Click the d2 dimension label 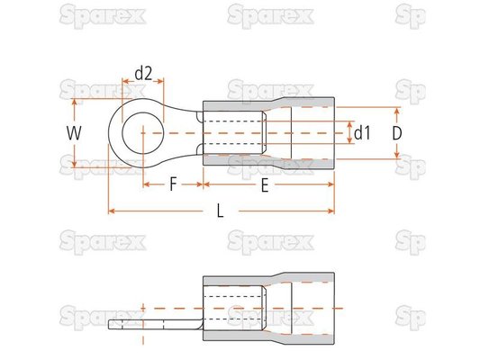pos(143,74)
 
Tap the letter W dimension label pos(74,133)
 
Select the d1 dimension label pos(362,133)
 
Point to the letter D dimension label pos(397,133)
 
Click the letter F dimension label pos(173,184)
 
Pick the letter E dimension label pos(265,185)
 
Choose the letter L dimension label pos(220,211)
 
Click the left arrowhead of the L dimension pos(112,211)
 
